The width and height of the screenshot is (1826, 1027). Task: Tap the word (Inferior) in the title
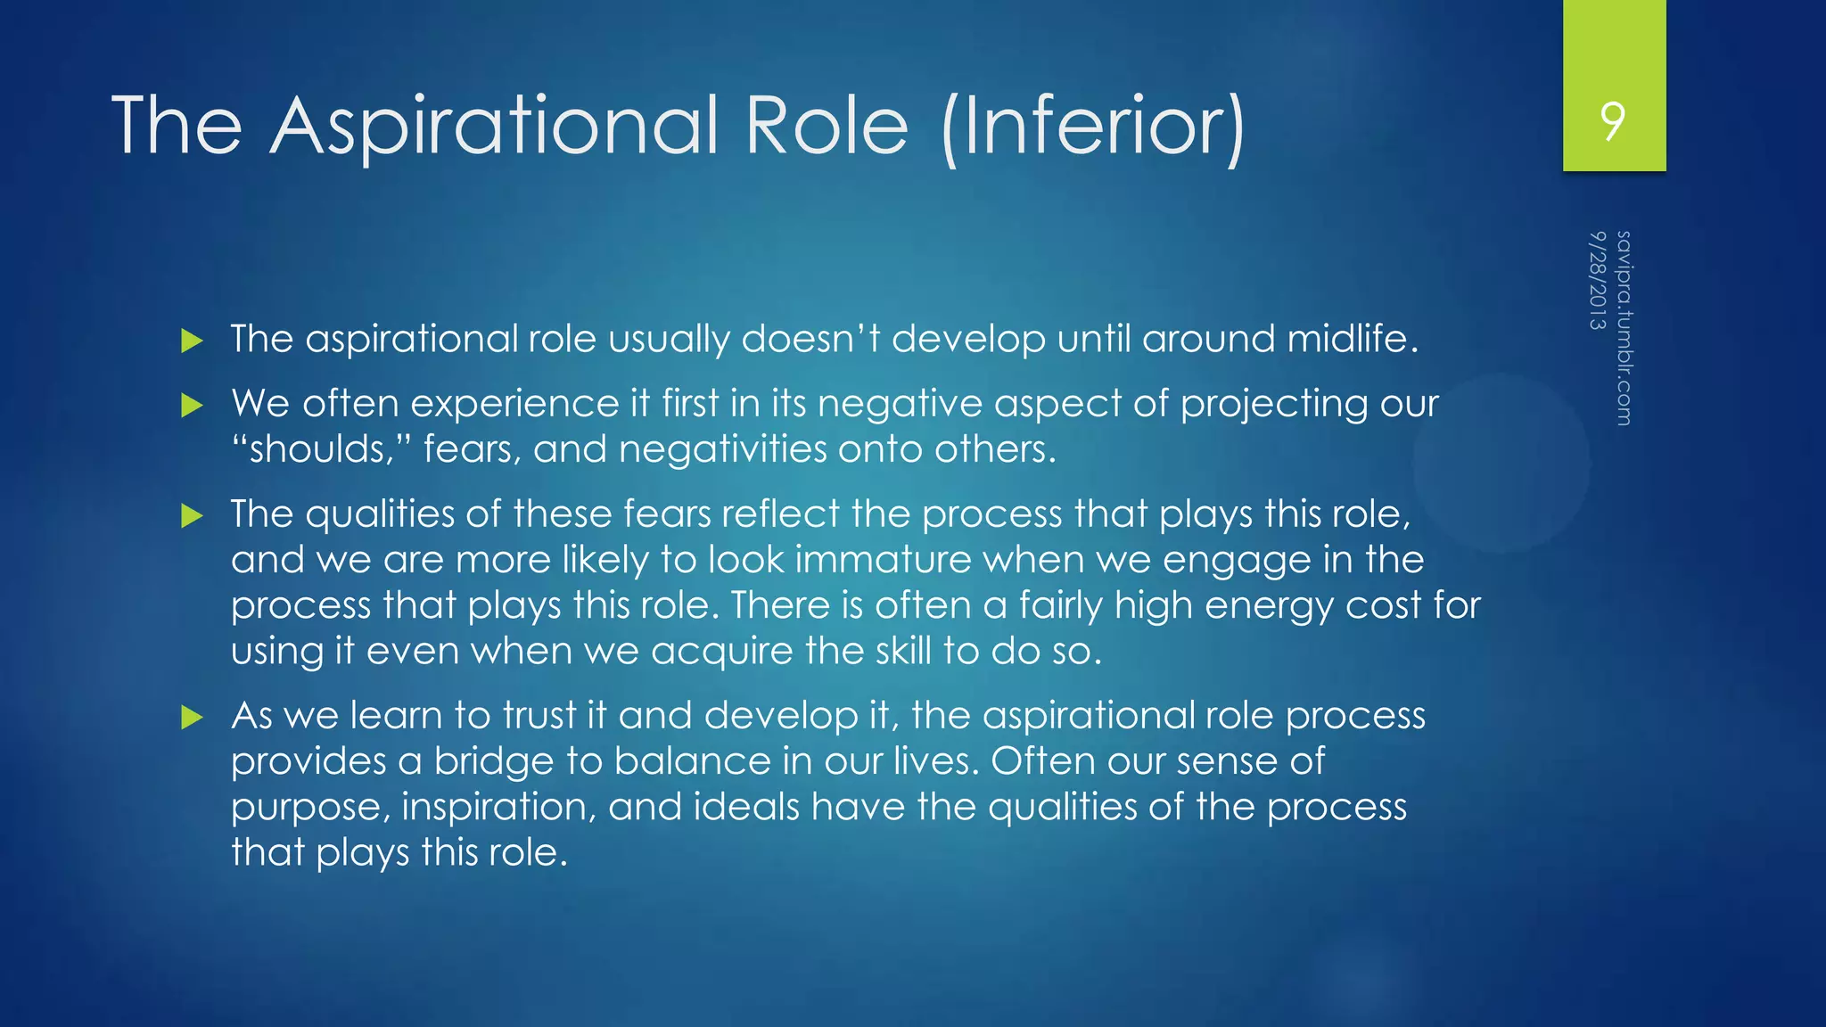[x=1093, y=127]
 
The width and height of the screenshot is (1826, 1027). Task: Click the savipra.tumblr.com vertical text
[x=1624, y=327]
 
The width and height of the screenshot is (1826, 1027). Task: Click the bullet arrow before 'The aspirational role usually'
[x=192, y=341]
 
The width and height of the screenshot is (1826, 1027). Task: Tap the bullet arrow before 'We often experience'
[x=192, y=407]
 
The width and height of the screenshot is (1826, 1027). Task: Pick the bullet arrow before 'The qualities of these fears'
[x=192, y=516]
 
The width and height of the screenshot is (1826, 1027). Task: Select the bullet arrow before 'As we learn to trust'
[x=192, y=718]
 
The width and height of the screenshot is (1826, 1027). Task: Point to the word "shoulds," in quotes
[x=313, y=449]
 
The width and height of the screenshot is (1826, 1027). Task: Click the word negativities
[x=722, y=449]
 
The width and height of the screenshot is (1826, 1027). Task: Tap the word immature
[x=883, y=560]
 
